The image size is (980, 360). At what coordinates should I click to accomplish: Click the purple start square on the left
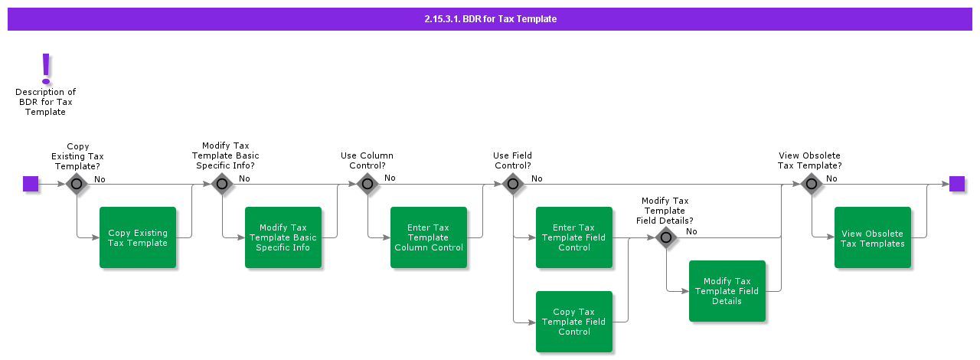pos(31,184)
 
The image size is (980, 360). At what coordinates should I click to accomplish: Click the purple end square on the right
pos(957,184)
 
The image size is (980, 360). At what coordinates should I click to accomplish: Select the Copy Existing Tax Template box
pos(138,237)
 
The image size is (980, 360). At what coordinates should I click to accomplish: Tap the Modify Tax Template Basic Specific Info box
pos(283,237)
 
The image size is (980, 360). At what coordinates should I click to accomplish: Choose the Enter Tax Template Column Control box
pos(429,237)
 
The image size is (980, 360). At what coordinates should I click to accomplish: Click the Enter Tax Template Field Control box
pos(574,237)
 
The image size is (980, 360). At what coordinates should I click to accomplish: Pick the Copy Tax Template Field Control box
pos(574,322)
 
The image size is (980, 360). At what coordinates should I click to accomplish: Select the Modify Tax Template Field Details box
pos(727,291)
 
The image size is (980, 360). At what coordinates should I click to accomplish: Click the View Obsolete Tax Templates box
pos(873,237)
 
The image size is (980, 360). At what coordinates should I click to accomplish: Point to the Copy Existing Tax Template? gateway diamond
pos(77,184)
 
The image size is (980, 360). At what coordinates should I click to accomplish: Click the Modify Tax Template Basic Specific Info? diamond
pos(222,184)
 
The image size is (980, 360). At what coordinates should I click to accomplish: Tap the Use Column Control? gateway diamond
pos(367,184)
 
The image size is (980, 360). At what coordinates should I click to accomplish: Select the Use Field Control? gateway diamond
pos(513,184)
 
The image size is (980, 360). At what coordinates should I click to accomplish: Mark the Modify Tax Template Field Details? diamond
pos(666,237)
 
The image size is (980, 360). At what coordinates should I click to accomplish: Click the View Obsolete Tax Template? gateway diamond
pos(812,184)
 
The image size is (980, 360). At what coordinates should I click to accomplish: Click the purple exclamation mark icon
pos(46,69)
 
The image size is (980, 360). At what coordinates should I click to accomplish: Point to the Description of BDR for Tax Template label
pos(46,102)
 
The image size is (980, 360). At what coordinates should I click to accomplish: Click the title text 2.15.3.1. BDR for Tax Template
pos(490,19)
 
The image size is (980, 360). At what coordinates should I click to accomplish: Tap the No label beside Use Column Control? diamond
pos(390,178)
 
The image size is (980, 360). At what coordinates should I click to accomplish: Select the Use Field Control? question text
pos(512,161)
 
